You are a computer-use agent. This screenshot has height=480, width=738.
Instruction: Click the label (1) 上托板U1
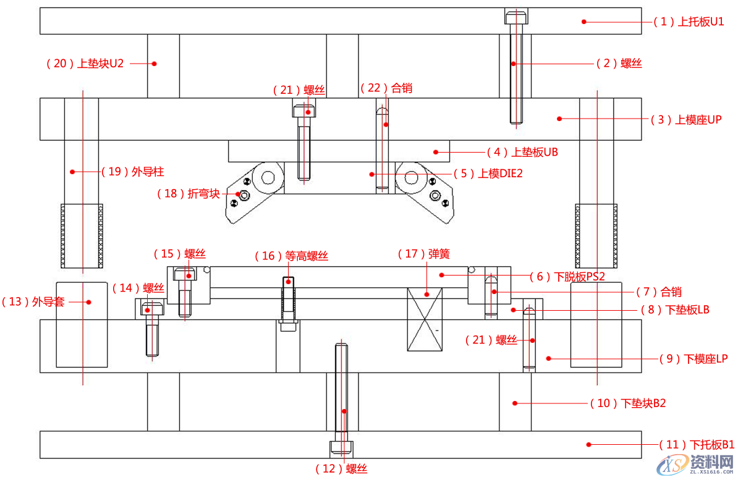[x=689, y=22]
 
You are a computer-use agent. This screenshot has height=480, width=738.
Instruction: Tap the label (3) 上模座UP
[x=686, y=120]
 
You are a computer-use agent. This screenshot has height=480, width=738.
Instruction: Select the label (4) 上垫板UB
[x=522, y=152]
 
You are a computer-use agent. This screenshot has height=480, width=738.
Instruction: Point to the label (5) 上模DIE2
[x=491, y=174]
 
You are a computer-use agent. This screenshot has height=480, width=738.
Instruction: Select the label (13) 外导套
[x=34, y=301]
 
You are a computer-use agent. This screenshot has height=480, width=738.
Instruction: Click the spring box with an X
[x=425, y=319]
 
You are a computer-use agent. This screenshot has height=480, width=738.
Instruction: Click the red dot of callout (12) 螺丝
[x=344, y=411]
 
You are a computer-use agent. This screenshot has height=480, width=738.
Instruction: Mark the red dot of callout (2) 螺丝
[x=513, y=63]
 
